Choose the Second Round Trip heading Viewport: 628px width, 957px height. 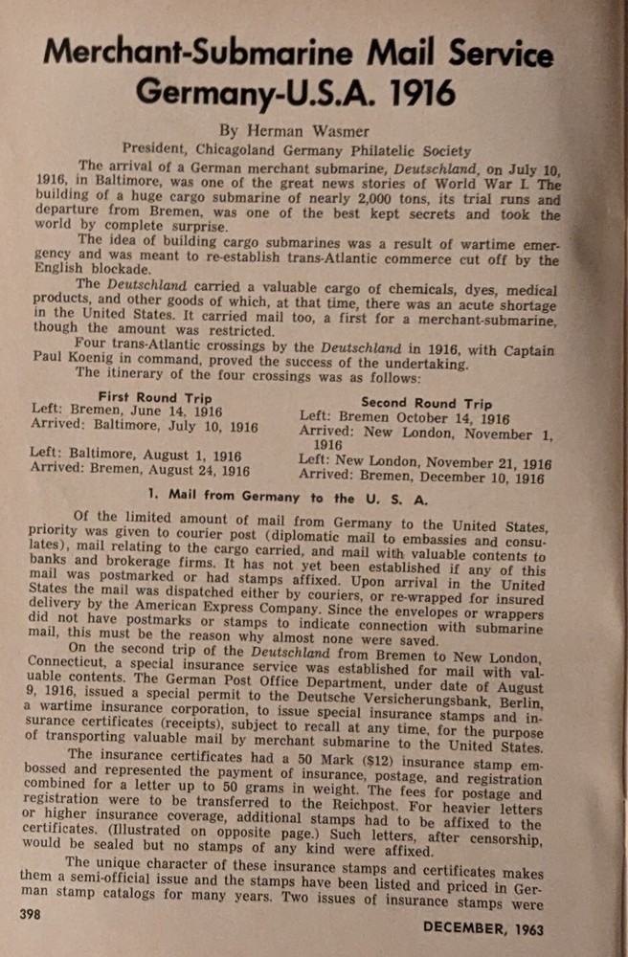pyautogui.click(x=428, y=403)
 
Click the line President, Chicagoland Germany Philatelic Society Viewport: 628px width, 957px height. pyautogui.click(x=297, y=150)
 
